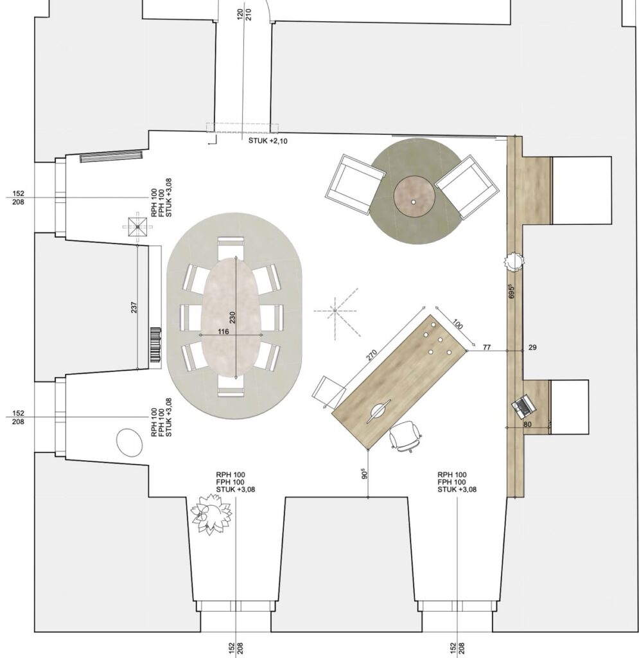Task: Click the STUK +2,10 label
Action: pos(268,141)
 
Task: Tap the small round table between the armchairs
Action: pos(414,196)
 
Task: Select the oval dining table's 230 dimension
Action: pos(232,317)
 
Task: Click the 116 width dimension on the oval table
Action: pos(223,332)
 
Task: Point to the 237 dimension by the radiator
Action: pos(134,307)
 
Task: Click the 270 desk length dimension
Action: pos(372,354)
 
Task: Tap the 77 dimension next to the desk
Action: pos(487,347)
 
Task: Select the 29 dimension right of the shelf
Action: pos(532,347)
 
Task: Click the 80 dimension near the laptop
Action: pos(527,424)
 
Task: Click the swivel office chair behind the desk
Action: pos(405,437)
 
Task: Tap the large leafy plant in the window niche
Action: pos(211,513)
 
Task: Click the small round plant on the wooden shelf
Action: pos(514,262)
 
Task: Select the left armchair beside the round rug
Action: pos(356,185)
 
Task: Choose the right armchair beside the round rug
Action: pos(467,187)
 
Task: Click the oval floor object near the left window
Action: pos(129,442)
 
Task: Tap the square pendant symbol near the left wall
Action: pos(137,227)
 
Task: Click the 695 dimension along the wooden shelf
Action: pos(512,291)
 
